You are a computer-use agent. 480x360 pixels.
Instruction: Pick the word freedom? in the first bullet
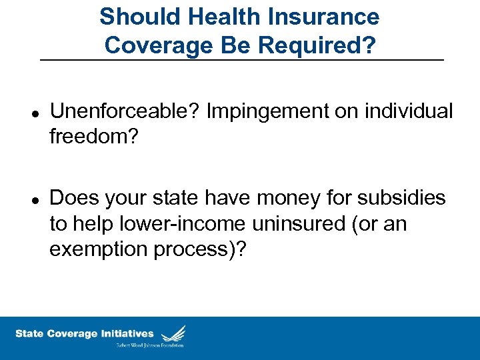click(x=94, y=137)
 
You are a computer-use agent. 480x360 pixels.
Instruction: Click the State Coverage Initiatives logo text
click(x=84, y=333)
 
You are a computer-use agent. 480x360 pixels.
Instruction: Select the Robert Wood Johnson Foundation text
click(x=151, y=345)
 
